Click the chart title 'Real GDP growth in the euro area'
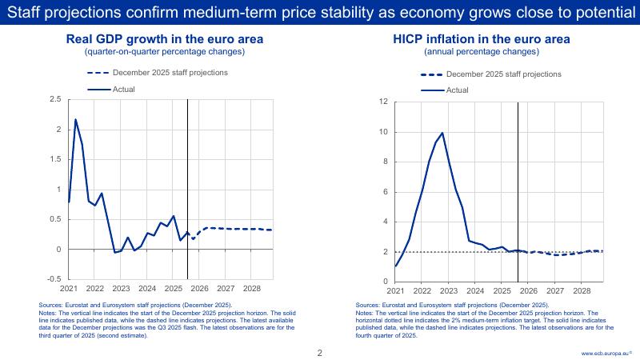tap(165, 39)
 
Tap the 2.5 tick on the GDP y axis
tap(55, 99)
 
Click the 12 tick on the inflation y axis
tap(384, 102)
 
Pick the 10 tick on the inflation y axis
tap(384, 132)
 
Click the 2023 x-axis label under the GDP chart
tap(121, 288)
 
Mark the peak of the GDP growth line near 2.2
tap(75, 120)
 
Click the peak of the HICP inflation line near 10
tap(442, 133)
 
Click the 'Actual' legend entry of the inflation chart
tap(457, 90)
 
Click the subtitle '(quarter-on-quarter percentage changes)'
tap(165, 52)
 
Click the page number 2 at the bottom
tap(320, 352)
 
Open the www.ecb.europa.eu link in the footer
tap(606, 352)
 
